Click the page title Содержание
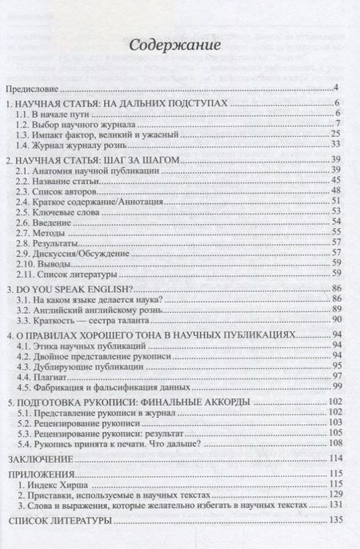click(x=179, y=48)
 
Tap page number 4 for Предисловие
click(x=338, y=87)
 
